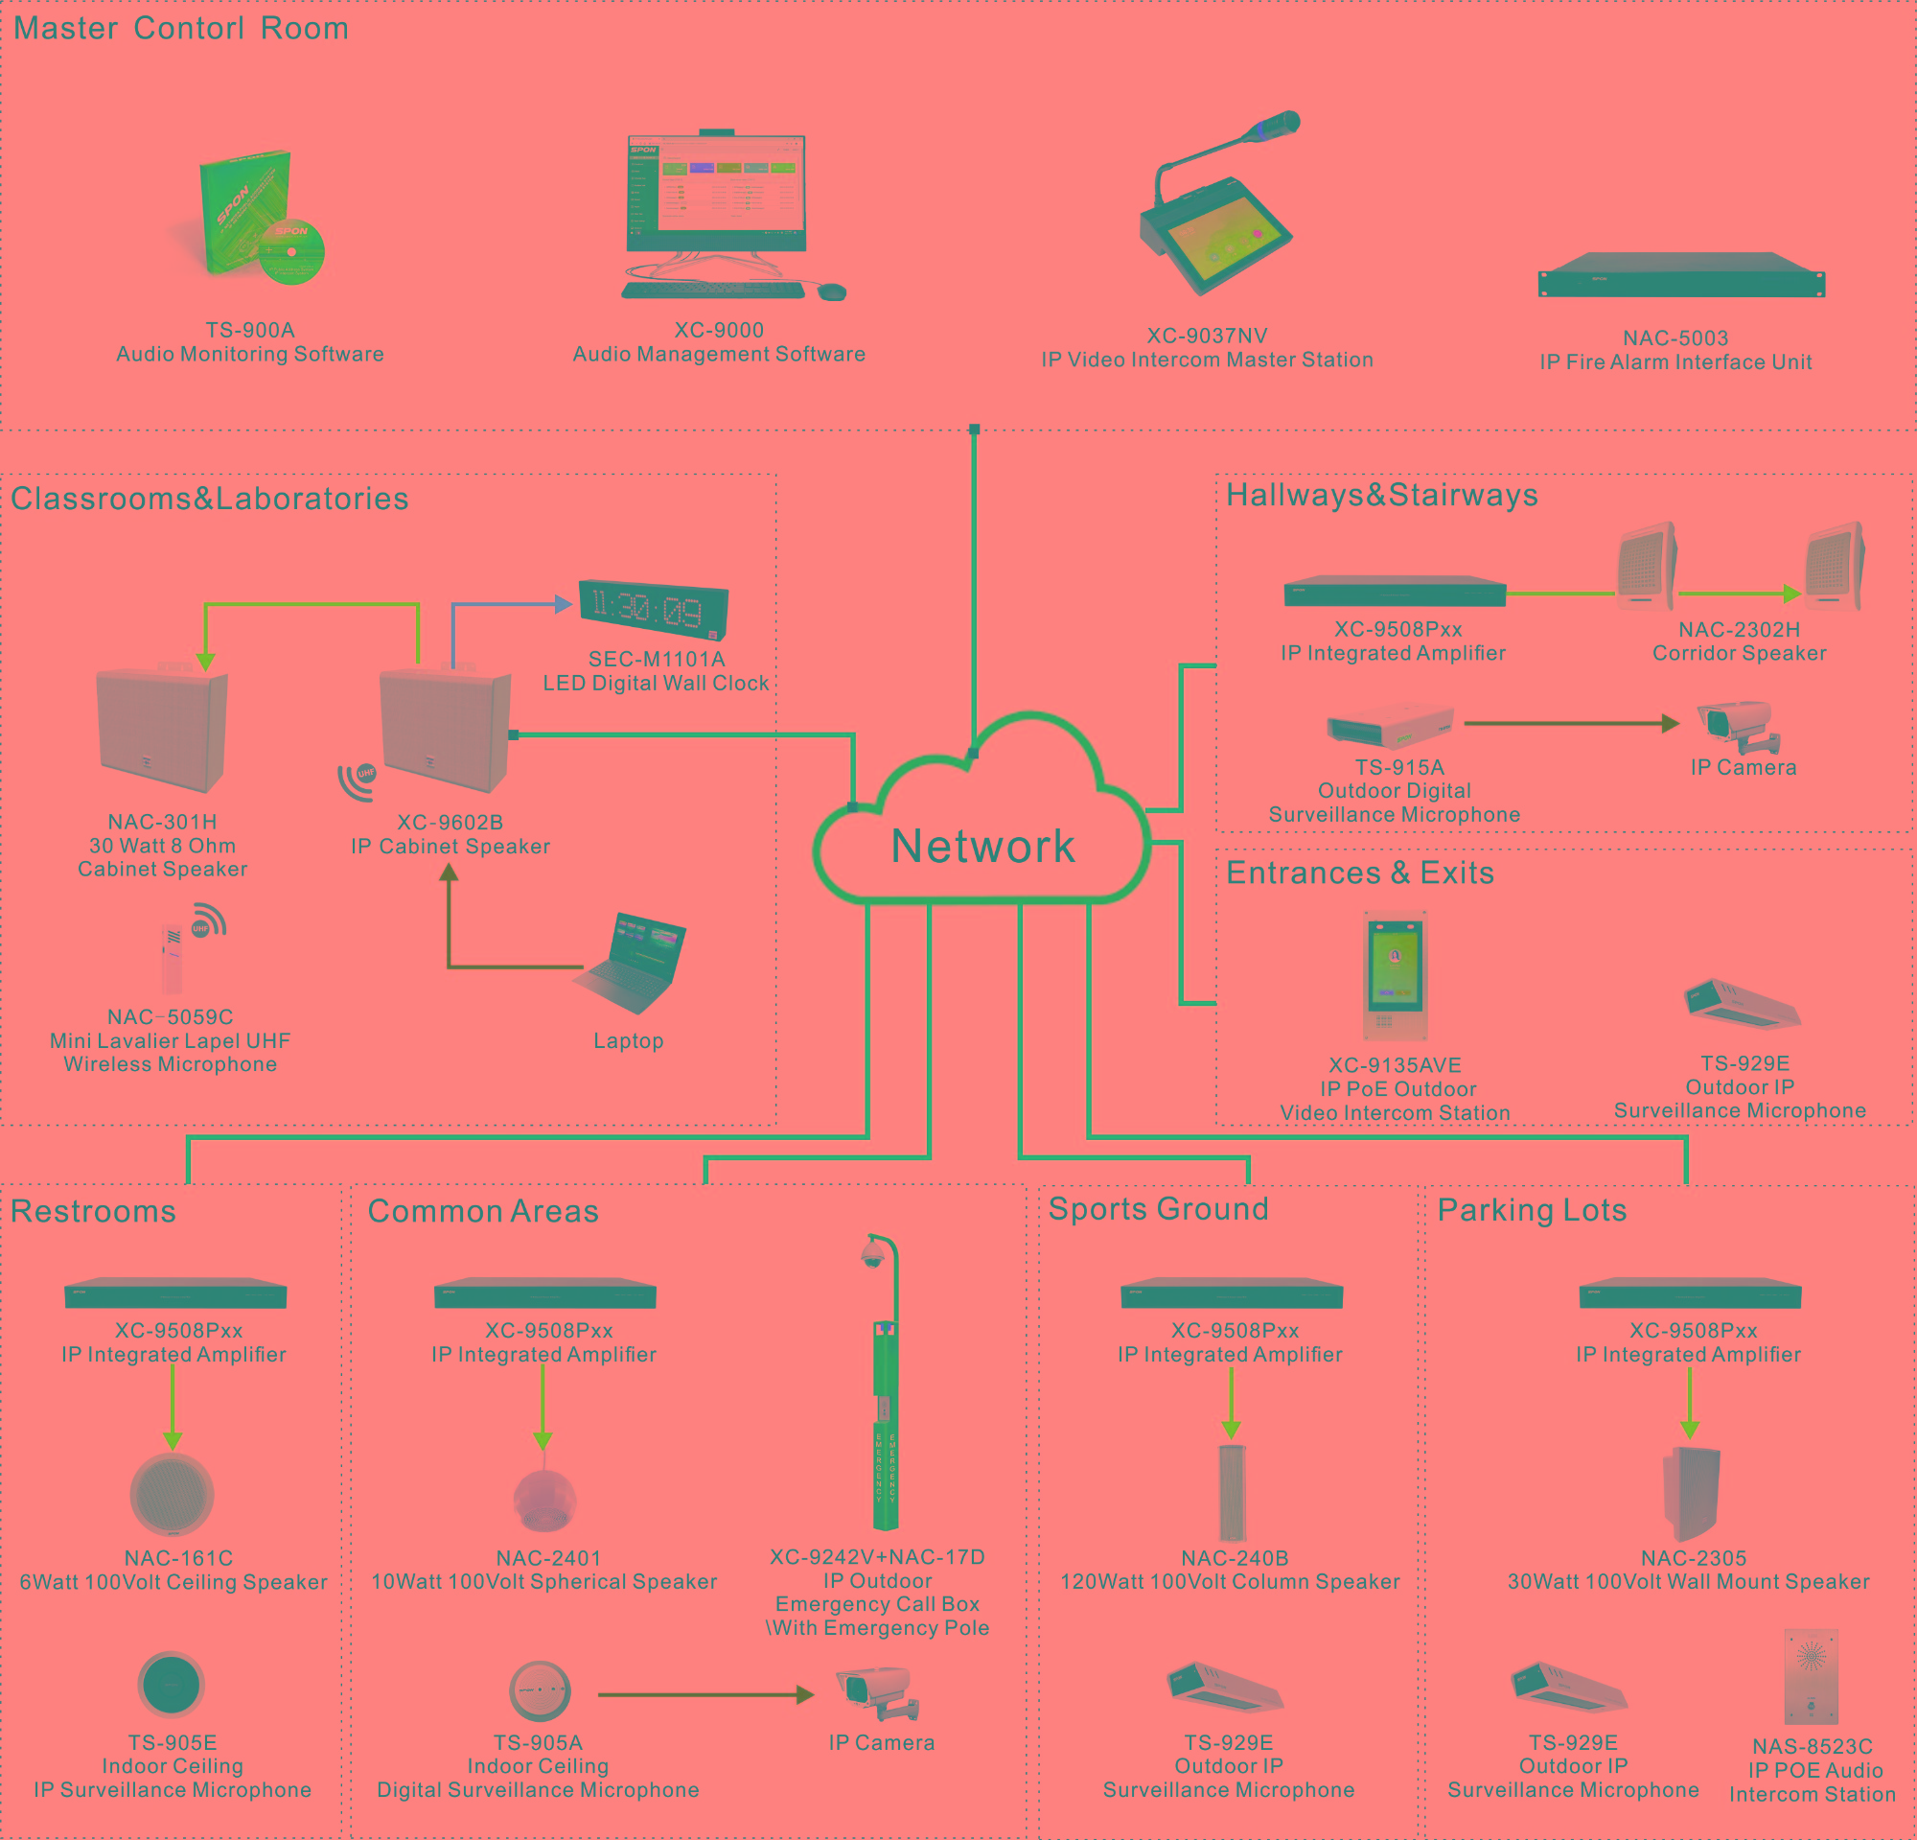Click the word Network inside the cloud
coord(983,846)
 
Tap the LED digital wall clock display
coord(653,609)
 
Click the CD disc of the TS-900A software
coord(291,250)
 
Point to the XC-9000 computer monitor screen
coord(717,191)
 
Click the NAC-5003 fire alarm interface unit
coord(1680,277)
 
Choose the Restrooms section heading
coord(93,1211)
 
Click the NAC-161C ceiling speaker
coord(173,1494)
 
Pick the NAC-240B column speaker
coord(1232,1492)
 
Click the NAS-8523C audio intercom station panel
coord(1811,1676)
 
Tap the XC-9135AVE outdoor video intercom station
coord(1395,974)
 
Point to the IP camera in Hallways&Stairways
coord(1739,725)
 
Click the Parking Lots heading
coord(1531,1210)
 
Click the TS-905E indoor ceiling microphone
coord(172,1685)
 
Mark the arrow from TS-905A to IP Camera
coord(704,1694)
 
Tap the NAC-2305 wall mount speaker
coord(1690,1493)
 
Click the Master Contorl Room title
coord(181,29)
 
